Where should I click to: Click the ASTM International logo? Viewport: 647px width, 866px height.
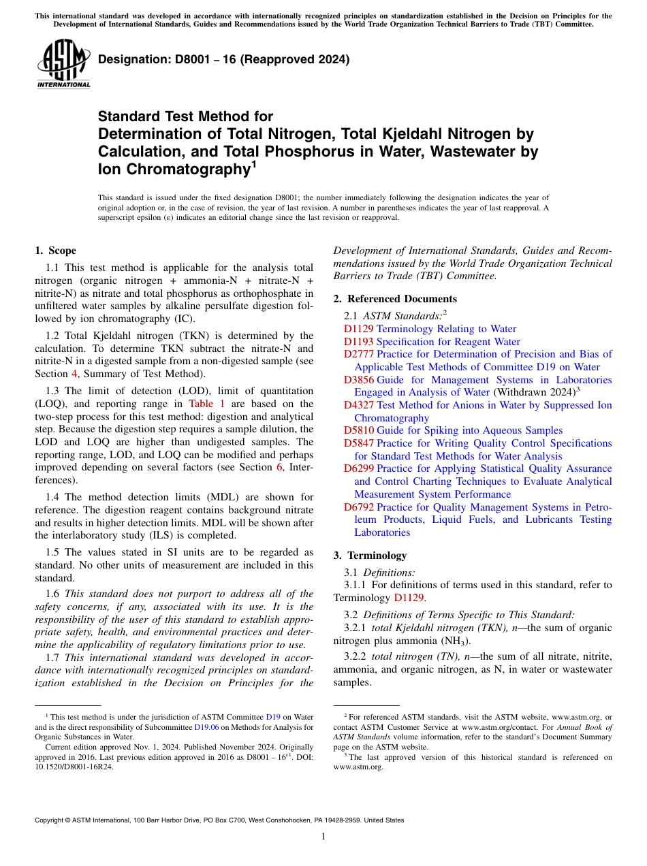coord(63,64)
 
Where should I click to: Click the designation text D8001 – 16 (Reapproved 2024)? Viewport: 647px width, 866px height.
coord(223,60)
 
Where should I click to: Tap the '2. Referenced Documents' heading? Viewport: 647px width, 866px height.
coord(395,299)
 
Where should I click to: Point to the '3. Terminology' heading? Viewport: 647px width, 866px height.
coord(370,555)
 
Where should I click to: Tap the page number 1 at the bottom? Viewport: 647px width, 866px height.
coord(323,837)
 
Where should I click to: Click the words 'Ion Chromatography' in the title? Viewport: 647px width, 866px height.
coord(173,169)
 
